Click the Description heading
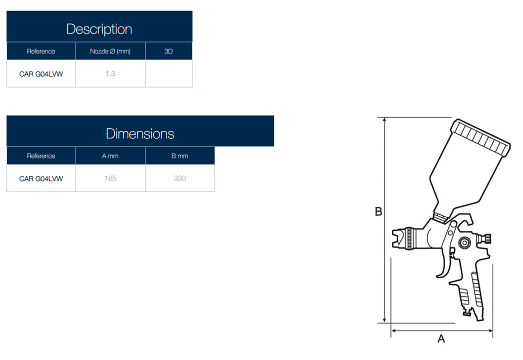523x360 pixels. pos(99,29)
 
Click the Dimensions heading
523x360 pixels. pos(140,134)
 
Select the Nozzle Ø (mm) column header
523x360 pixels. pos(110,51)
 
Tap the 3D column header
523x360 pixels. pos(168,51)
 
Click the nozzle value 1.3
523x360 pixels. pos(110,73)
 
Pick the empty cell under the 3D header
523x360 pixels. pos(169,73)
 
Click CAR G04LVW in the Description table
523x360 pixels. pos(41,74)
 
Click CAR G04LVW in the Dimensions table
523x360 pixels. pos(41,178)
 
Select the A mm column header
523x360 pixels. pos(110,156)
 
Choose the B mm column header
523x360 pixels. pos(180,156)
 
